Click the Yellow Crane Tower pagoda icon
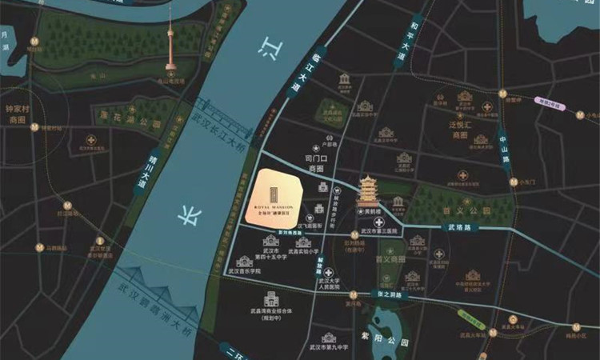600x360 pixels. (x=369, y=191)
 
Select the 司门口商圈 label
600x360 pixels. (x=317, y=163)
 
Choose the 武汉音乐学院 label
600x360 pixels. (x=244, y=272)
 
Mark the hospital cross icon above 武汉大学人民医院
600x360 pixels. (x=328, y=273)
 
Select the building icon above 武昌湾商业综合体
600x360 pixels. (x=270, y=299)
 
